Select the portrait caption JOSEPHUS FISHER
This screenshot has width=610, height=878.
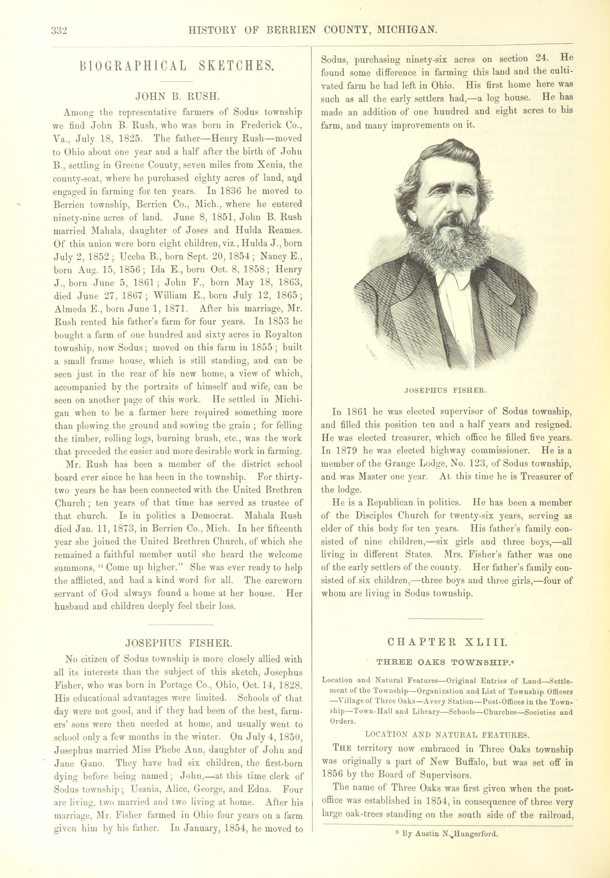point(445,391)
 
